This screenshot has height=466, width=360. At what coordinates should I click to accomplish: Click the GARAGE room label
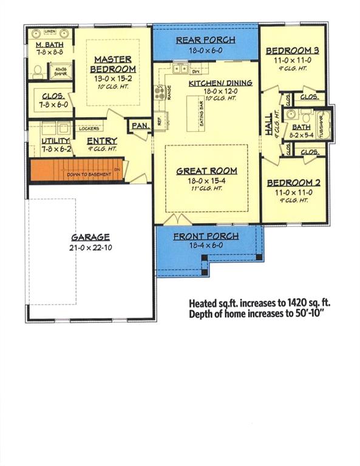(x=89, y=238)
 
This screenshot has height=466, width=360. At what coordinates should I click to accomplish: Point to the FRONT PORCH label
(x=206, y=236)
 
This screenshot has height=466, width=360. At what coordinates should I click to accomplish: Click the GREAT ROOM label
(x=207, y=171)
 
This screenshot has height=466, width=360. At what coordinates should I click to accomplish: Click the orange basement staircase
(x=73, y=169)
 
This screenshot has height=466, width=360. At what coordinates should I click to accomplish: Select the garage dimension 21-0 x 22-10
(x=89, y=248)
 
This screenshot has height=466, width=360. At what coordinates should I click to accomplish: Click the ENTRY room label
(x=103, y=141)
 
